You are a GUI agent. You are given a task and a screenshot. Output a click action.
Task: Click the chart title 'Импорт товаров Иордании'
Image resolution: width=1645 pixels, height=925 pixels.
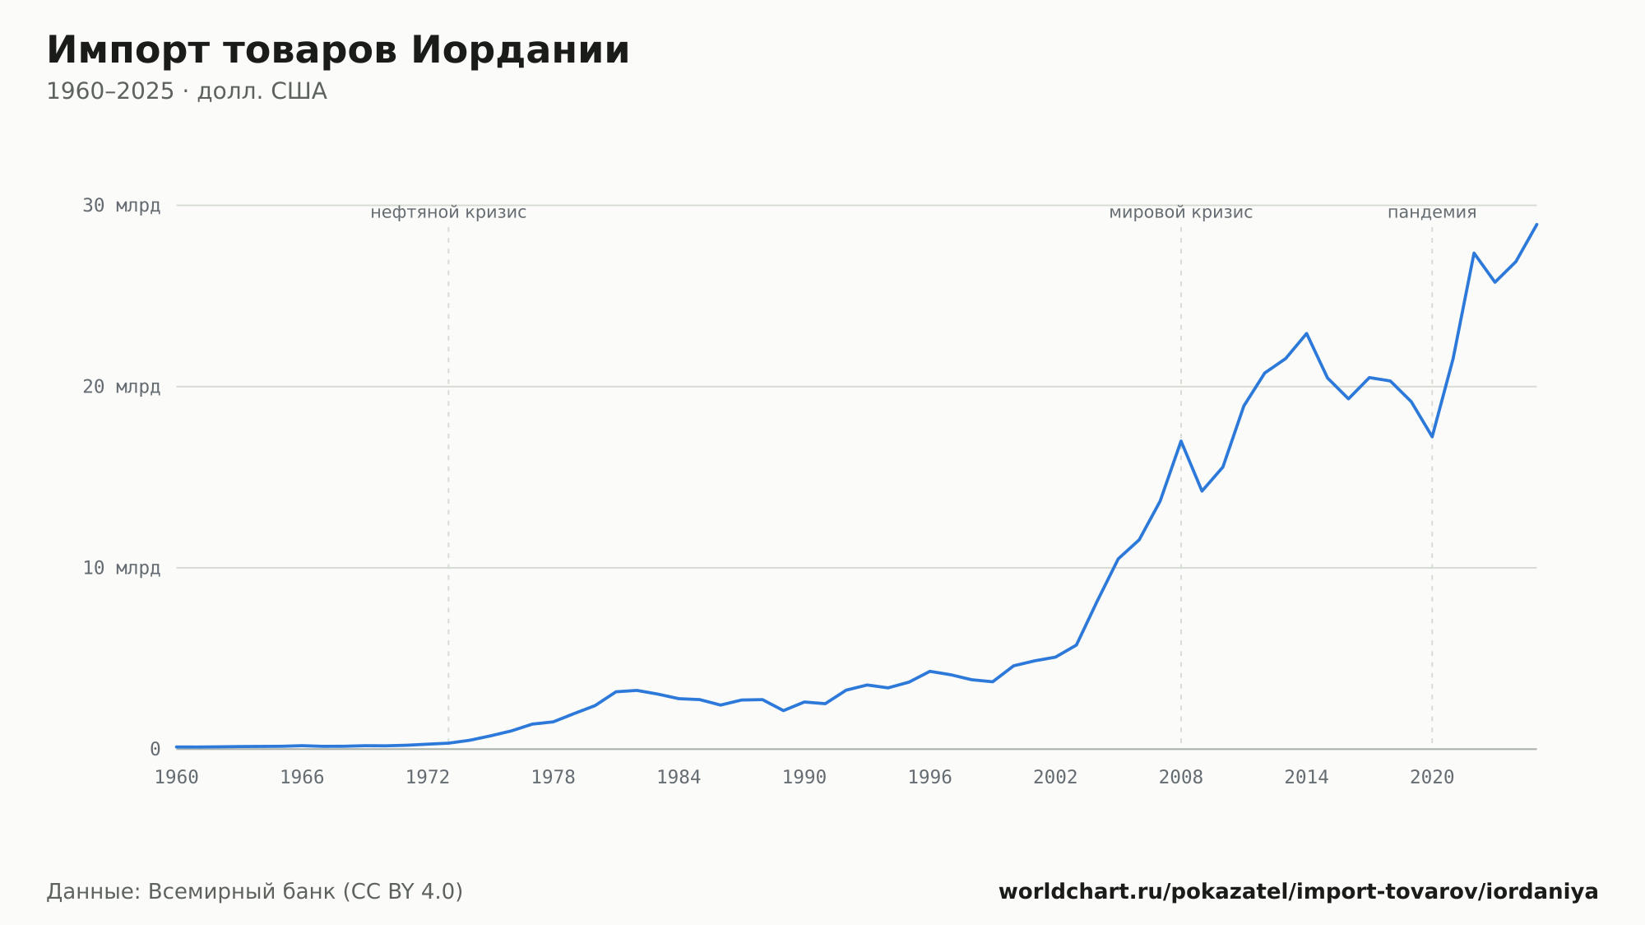(338, 50)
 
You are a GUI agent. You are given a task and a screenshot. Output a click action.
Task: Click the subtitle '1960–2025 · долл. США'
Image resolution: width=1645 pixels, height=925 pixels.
(187, 91)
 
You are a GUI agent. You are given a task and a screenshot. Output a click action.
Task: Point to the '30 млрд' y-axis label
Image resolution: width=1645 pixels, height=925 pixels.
(121, 206)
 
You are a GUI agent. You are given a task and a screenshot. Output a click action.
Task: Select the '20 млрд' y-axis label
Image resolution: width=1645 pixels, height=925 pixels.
(121, 387)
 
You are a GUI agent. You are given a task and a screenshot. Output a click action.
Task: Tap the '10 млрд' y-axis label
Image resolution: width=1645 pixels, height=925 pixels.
(121, 568)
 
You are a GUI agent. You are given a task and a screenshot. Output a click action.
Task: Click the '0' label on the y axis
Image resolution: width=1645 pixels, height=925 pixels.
(155, 749)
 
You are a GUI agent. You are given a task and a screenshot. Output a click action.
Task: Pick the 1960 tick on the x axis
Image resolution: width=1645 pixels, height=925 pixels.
(177, 778)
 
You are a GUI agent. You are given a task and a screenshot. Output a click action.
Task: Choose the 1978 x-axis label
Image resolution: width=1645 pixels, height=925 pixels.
(553, 778)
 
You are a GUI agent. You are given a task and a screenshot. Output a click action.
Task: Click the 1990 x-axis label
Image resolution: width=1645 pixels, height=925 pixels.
(804, 778)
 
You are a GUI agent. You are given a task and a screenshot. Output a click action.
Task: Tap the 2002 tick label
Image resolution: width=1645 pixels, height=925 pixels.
(1055, 778)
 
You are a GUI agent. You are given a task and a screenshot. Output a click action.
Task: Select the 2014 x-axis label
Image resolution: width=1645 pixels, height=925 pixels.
(1306, 778)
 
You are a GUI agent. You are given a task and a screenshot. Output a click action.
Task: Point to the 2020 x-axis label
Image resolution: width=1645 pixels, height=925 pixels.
(1432, 778)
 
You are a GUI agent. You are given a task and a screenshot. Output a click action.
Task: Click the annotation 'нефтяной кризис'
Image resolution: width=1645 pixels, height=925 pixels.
(448, 212)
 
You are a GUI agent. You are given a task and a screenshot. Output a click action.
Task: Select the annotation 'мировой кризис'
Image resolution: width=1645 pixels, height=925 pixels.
(1181, 212)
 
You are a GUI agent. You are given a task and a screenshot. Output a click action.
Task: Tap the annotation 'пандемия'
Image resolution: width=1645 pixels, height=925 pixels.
(1432, 212)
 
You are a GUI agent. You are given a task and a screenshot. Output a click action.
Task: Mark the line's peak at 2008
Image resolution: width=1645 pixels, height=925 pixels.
(1181, 441)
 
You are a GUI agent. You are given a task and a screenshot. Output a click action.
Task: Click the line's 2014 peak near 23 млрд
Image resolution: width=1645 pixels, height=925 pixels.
(1306, 333)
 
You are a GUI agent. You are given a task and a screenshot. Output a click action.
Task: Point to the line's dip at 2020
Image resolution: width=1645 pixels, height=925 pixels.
(1432, 436)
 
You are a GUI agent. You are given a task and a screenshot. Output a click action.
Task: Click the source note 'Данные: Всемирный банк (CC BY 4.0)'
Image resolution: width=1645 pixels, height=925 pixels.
(255, 892)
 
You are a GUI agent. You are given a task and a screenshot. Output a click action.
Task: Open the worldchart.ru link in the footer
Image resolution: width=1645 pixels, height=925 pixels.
(1298, 892)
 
